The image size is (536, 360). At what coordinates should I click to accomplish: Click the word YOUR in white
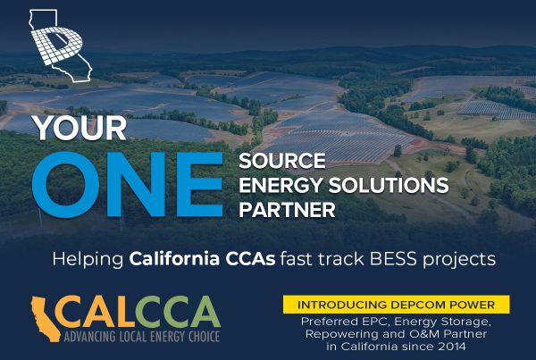pyautogui.click(x=80, y=129)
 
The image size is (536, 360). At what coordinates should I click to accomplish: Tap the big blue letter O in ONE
pyautogui.click(x=65, y=185)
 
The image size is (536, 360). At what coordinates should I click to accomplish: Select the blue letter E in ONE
pyautogui.click(x=199, y=185)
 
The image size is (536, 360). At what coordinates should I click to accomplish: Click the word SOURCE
pyautogui.click(x=282, y=161)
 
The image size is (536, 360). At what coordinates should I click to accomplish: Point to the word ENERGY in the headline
pyautogui.click(x=281, y=185)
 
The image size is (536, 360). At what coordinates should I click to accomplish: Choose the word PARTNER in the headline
pyautogui.click(x=287, y=210)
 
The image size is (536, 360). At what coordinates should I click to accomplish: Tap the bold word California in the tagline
pyautogui.click(x=174, y=259)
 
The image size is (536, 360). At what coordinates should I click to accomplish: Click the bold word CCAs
pyautogui.click(x=250, y=259)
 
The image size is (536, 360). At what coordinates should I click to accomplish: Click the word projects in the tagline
pyautogui.click(x=459, y=261)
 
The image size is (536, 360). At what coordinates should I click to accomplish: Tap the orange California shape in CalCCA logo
pyautogui.click(x=46, y=319)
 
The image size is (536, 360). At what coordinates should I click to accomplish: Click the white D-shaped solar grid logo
pyautogui.click(x=57, y=45)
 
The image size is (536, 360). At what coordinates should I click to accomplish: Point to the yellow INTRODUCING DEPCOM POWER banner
pyautogui.click(x=396, y=305)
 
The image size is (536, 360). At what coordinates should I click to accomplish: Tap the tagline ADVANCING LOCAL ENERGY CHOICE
pyautogui.click(x=142, y=337)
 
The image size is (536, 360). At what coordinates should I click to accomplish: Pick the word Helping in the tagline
pyautogui.click(x=88, y=260)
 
